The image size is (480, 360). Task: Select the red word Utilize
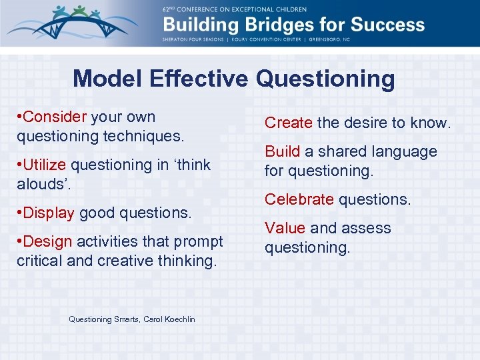[45, 164]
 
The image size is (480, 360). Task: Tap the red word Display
[49, 213]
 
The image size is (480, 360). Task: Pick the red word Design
[48, 241]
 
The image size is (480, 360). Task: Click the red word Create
[289, 123]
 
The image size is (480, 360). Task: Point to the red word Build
[282, 151]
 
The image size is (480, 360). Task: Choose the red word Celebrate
[299, 199]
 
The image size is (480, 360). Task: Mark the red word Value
[285, 228]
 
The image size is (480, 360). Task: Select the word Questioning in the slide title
[325, 79]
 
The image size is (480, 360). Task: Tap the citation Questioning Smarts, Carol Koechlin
[132, 319]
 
